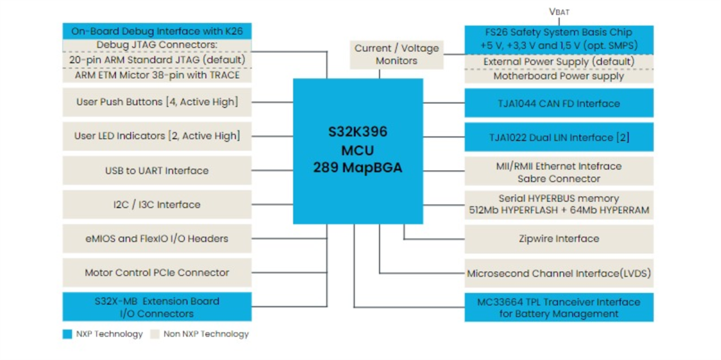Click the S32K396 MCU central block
(x=357, y=150)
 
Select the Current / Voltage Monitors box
(x=396, y=55)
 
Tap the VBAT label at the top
(x=559, y=11)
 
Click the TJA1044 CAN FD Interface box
(x=558, y=103)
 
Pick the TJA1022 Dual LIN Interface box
(x=558, y=137)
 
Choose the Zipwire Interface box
(x=558, y=239)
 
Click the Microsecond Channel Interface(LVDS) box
(x=558, y=273)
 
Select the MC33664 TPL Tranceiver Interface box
(x=558, y=308)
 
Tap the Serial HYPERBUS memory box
(x=558, y=204)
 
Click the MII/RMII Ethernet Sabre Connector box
(x=558, y=172)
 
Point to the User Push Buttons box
(x=157, y=102)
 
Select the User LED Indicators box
(x=157, y=136)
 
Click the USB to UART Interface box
(x=157, y=171)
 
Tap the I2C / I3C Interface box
(x=157, y=204)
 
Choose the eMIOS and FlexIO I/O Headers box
(x=157, y=239)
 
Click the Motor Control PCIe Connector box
(x=157, y=273)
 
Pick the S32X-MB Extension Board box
(x=157, y=307)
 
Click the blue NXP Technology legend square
(x=67, y=334)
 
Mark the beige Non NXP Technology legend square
(x=155, y=334)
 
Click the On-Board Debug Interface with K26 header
(x=157, y=31)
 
